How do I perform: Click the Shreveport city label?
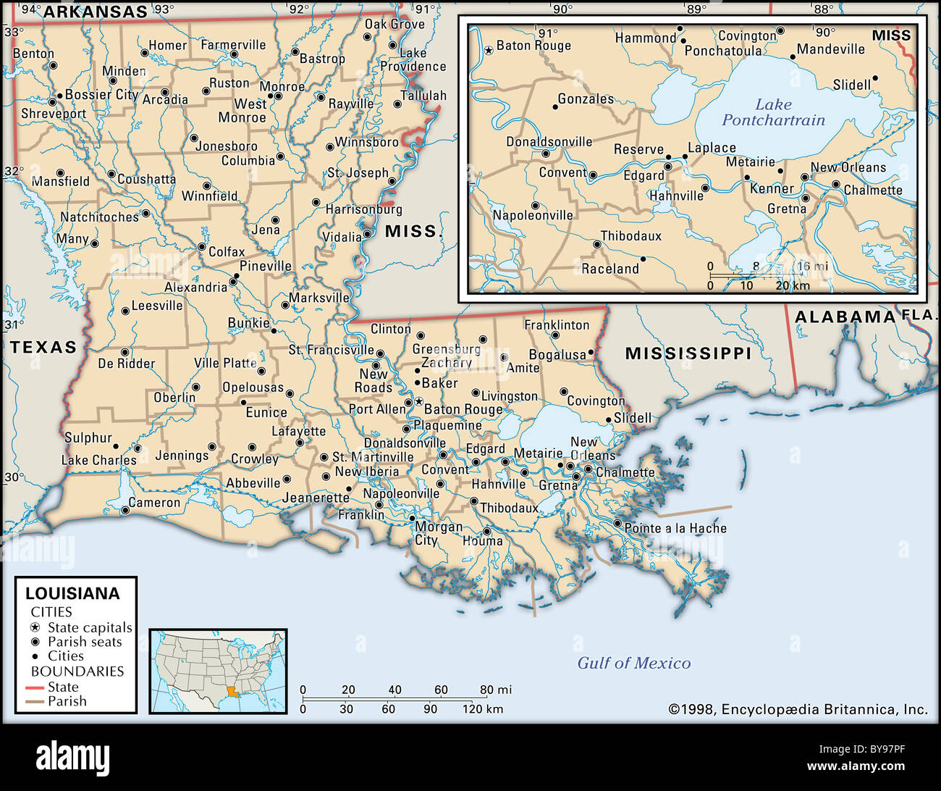54,114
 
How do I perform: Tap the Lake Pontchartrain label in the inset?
773,112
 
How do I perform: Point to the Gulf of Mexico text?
633,663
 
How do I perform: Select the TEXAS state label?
43,347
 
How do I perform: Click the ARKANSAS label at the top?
96,11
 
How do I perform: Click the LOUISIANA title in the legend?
72,593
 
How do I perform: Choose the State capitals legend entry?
89,627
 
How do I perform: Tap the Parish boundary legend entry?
67,701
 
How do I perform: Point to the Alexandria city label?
195,287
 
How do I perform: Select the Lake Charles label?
98,460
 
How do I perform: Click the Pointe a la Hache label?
675,528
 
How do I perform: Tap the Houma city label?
482,540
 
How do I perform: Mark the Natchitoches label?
99,217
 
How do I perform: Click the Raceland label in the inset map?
610,269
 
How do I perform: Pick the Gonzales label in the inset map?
586,99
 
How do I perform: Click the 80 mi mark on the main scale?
495,690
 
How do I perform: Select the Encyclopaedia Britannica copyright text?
797,709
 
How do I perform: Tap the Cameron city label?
154,502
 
